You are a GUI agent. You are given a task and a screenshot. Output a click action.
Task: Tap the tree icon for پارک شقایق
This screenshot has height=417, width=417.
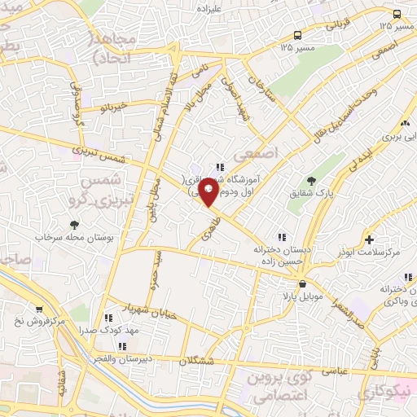coord(310,180)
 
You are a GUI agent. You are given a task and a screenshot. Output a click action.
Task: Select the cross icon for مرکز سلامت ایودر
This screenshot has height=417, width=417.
coord(370,240)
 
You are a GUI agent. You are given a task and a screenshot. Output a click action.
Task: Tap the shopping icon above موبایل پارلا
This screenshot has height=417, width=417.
coord(303,284)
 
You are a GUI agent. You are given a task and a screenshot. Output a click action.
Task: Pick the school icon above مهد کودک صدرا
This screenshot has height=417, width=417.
coord(108,318)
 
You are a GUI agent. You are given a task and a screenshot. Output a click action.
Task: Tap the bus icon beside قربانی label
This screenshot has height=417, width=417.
coord(298,35)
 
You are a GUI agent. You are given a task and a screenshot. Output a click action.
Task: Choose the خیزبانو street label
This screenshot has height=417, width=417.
coord(110,107)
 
